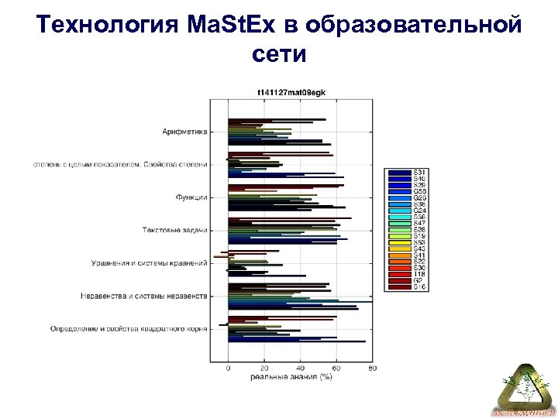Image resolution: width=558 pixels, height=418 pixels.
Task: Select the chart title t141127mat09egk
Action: click(291, 92)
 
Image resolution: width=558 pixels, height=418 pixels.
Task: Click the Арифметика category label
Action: click(184, 132)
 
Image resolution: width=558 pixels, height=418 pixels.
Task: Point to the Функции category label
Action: click(191, 197)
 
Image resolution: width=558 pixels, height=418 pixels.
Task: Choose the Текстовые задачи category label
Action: click(174, 230)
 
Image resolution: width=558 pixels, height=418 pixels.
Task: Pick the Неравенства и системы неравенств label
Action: click(144, 296)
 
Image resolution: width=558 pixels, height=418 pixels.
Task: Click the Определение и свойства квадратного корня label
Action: click(129, 329)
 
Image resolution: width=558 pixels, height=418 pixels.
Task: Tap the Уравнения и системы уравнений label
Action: click(149, 263)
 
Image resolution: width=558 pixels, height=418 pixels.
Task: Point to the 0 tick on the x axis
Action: click(228, 369)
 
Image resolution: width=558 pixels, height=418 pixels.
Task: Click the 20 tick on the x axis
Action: click(263, 369)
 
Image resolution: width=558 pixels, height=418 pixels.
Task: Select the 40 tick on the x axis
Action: click(300, 369)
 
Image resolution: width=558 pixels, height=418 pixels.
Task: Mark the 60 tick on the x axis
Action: click(336, 369)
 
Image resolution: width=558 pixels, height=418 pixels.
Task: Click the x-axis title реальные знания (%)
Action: click(291, 378)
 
